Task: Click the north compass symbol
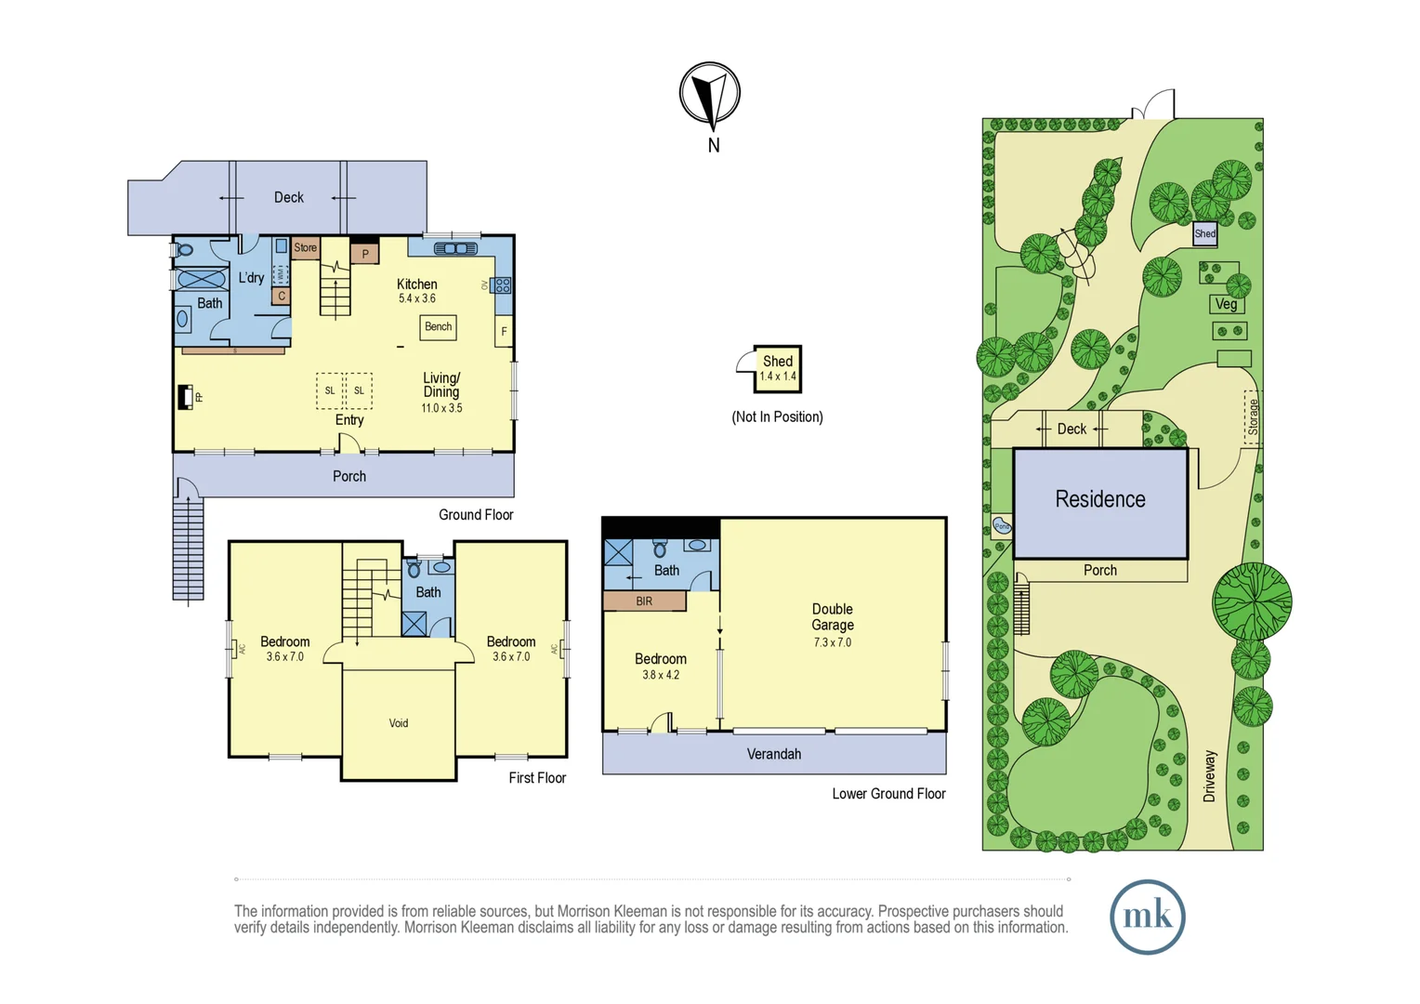click(x=709, y=94)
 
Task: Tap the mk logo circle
click(x=1147, y=917)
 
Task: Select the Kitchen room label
click(x=416, y=284)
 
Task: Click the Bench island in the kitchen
click(x=438, y=327)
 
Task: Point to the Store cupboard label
click(x=305, y=247)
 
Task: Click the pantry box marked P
click(x=364, y=253)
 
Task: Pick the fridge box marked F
click(x=504, y=331)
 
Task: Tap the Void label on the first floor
click(x=399, y=723)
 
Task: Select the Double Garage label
click(x=833, y=617)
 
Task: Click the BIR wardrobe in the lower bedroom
click(x=644, y=601)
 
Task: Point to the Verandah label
click(x=773, y=754)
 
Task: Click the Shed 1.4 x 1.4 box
click(x=778, y=368)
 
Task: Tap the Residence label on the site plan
click(x=1100, y=500)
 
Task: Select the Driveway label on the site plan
click(x=1209, y=776)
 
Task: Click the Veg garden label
click(x=1226, y=304)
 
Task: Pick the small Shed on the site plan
click(x=1204, y=233)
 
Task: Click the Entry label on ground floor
click(x=349, y=420)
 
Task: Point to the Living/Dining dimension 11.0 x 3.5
click(x=441, y=408)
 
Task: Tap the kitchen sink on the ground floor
click(x=455, y=248)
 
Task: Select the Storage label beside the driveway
click(x=1252, y=416)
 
